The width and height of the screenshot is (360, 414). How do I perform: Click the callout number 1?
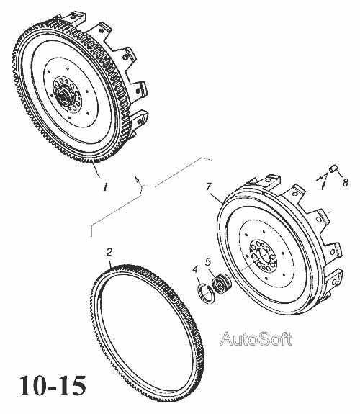pyautogui.click(x=105, y=186)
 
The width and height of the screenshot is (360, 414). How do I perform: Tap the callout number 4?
pyautogui.click(x=195, y=269)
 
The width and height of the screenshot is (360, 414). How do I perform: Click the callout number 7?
pyautogui.click(x=209, y=186)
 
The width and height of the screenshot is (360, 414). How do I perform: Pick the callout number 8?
pyautogui.click(x=345, y=182)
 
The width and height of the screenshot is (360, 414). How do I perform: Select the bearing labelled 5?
pyautogui.click(x=222, y=284)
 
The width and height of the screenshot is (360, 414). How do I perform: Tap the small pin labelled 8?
pyautogui.click(x=333, y=168)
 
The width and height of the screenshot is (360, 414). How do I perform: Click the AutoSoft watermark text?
pyautogui.click(x=256, y=338)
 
